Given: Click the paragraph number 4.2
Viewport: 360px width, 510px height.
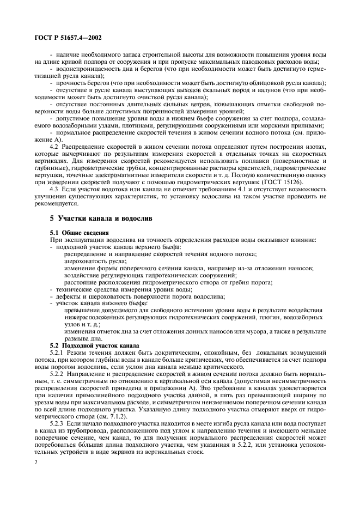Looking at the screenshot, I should click(x=56, y=147).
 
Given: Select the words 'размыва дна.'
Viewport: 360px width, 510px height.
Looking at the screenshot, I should click(x=82, y=338).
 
